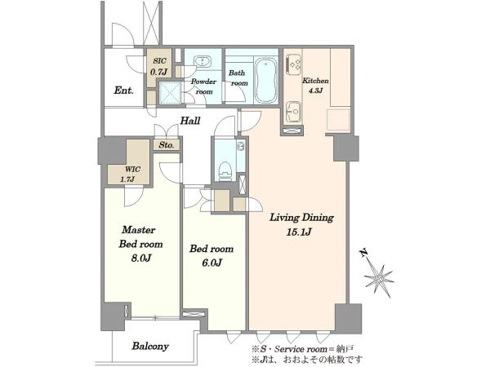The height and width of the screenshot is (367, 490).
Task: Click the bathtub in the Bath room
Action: pyautogui.click(x=265, y=81)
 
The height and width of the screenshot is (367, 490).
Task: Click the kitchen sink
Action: pyautogui.click(x=294, y=112)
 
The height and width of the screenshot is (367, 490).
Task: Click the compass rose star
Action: pyautogui.click(x=379, y=279)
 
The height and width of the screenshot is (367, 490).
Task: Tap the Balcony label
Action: pyautogui.click(x=150, y=346)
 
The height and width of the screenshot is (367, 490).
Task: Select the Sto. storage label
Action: pyautogui.click(x=166, y=145)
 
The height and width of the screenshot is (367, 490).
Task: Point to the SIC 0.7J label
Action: pyautogui.click(x=159, y=67)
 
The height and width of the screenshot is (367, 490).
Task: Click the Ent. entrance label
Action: pyautogui.click(x=124, y=91)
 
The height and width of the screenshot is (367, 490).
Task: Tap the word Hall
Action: pyautogui.click(x=190, y=121)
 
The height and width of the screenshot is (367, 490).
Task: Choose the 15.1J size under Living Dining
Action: pyautogui.click(x=299, y=232)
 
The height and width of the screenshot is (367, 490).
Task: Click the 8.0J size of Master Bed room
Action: pyautogui.click(x=140, y=258)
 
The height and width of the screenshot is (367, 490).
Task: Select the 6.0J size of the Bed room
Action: pyautogui.click(x=211, y=263)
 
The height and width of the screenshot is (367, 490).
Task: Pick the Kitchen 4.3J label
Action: pyautogui.click(x=315, y=86)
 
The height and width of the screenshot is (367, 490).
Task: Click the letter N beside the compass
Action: pyautogui.click(x=363, y=253)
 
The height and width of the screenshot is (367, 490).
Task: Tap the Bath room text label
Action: pyautogui.click(x=238, y=78)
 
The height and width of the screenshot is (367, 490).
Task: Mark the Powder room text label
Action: pyautogui.click(x=203, y=86)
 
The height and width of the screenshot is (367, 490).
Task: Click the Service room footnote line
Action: pyautogui.click(x=303, y=348)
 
